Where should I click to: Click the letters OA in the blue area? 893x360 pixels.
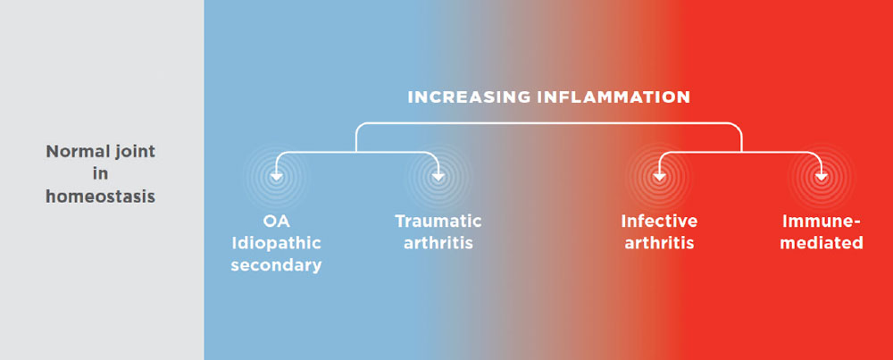click(x=276, y=221)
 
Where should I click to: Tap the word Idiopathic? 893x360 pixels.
click(x=276, y=243)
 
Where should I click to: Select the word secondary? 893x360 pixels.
click(x=276, y=265)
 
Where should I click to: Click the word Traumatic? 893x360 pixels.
click(x=438, y=221)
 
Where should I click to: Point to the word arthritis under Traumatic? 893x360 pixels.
click(x=438, y=243)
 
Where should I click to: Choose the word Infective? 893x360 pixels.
click(x=660, y=221)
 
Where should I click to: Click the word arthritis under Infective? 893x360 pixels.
click(x=660, y=243)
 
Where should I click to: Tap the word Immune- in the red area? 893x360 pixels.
click(x=822, y=221)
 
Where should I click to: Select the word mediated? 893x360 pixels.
click(x=822, y=243)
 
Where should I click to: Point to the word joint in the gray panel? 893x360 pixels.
click(x=128, y=151)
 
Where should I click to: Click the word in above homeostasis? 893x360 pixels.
click(x=101, y=174)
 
